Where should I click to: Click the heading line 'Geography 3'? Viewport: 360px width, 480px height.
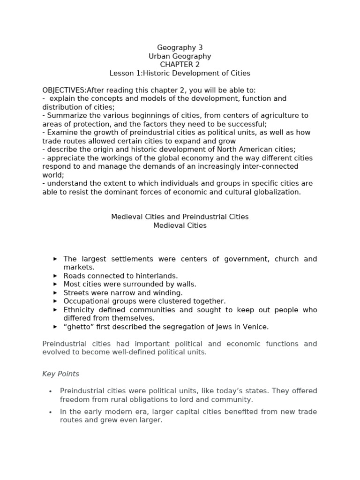180,47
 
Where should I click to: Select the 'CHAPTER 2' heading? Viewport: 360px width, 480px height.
180,65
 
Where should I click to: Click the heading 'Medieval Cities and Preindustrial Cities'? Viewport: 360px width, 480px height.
180,217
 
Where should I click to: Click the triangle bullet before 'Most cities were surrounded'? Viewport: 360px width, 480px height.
55,284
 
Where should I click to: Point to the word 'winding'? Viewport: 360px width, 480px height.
168,292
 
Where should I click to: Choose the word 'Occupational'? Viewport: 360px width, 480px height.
86,301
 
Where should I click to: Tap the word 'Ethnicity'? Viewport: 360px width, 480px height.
79,310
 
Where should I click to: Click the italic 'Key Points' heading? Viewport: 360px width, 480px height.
60,374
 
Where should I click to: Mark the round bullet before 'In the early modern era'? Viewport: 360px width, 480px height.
51,412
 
